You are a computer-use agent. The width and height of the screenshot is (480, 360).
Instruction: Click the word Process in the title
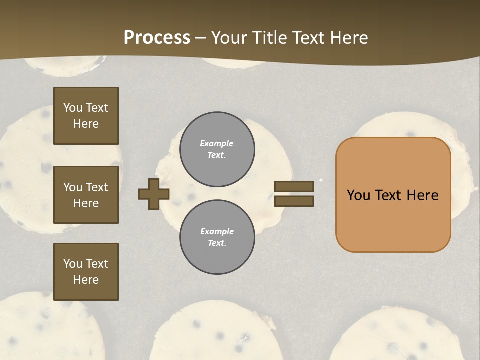pos(157,38)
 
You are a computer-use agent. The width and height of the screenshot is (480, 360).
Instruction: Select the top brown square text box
pos(86,116)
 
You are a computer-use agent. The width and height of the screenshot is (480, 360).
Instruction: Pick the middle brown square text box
pos(86,195)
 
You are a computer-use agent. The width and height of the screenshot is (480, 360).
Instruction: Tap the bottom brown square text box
pos(86,271)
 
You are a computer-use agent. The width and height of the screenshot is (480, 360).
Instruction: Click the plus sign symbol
pos(154,194)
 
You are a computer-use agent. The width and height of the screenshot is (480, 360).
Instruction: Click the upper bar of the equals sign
pos(294,186)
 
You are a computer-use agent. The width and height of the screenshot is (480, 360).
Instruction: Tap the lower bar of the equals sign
pos(294,201)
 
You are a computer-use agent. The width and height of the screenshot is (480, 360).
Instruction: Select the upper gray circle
pos(217,149)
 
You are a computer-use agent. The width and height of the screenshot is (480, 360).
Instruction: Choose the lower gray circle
pos(217,237)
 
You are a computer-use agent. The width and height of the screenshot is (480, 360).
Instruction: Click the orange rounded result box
pos(393,195)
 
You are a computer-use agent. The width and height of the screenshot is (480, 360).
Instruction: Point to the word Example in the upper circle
pos(217,143)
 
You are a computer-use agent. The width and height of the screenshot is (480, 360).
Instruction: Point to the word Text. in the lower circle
pos(217,243)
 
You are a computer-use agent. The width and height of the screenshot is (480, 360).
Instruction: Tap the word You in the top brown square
pos(73,108)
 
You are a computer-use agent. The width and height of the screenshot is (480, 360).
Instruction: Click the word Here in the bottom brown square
pos(86,280)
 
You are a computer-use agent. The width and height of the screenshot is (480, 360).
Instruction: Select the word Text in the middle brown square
pos(97,187)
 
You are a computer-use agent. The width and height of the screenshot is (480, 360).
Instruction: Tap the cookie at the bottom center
pos(215,332)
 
